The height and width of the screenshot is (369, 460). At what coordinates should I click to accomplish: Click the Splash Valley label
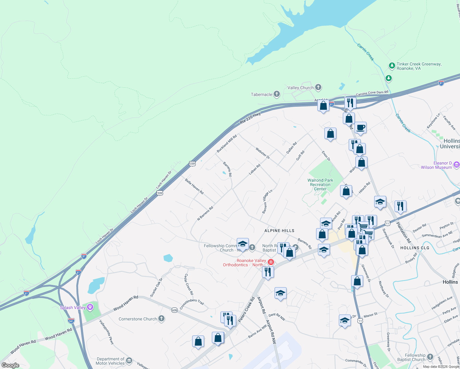pos(73,307)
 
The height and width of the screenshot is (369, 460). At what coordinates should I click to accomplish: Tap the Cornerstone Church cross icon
pos(161,319)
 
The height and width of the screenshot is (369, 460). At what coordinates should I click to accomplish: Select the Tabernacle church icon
pos(277,94)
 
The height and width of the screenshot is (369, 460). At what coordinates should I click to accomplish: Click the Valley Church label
pos(300,88)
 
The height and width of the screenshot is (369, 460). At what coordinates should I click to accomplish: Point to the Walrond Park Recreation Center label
pos(320,184)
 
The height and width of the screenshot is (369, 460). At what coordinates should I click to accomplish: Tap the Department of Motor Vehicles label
pos(110,361)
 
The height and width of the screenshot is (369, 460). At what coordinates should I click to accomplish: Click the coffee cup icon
pos(361,127)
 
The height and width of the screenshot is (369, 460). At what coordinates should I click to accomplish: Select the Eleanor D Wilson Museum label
pos(437,165)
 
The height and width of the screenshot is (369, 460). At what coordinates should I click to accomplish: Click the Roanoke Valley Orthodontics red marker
pos(271,262)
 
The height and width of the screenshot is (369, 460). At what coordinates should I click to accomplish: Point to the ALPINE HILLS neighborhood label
pos(280,231)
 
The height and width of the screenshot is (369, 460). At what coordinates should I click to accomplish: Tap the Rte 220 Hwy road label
pos(250,118)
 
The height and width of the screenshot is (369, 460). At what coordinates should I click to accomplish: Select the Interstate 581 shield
pos(71,320)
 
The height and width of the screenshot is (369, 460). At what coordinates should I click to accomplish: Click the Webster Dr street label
pos(263,153)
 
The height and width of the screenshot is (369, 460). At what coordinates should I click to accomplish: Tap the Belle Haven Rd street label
pos(194,186)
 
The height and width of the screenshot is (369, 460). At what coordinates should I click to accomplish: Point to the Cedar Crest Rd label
pos(188,284)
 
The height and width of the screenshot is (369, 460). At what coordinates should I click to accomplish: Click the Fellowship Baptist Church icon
pos(430,357)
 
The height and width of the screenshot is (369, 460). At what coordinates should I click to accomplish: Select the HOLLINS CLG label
pos(414,248)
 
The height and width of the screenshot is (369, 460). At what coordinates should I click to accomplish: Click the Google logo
pos(10,365)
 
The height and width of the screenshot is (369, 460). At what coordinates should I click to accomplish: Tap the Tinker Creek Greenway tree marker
pos(392,65)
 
